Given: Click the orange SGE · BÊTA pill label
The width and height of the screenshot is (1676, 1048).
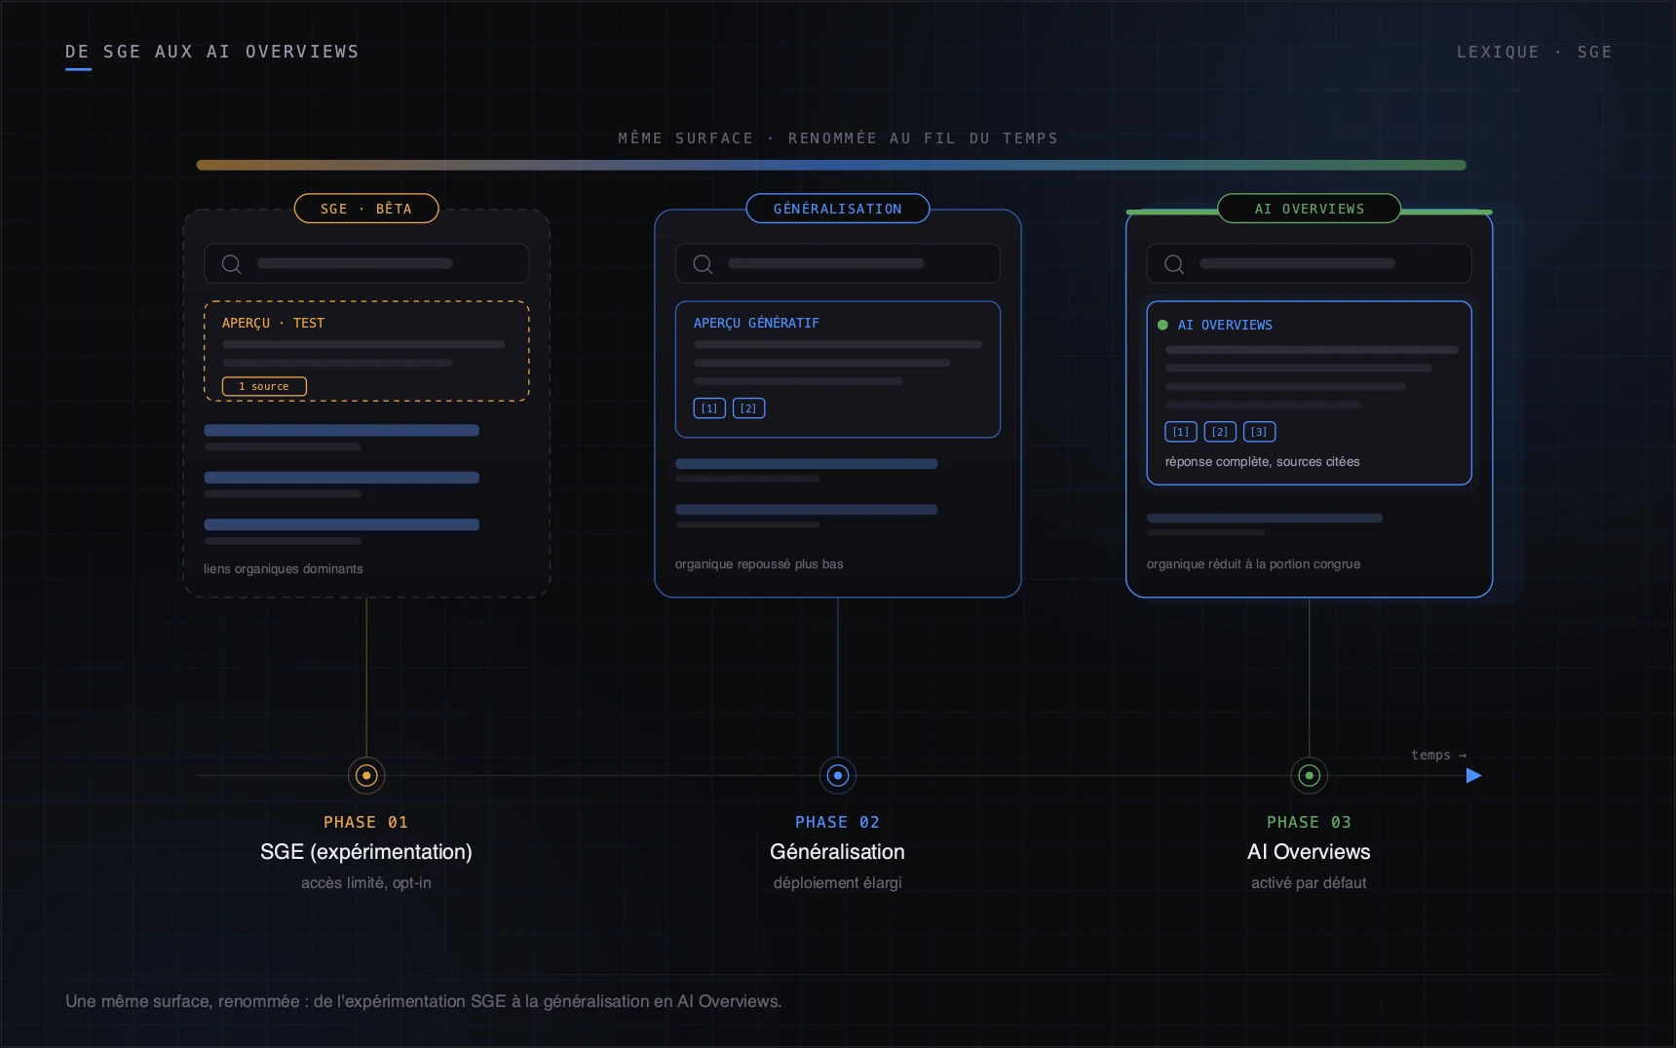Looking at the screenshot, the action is (366, 209).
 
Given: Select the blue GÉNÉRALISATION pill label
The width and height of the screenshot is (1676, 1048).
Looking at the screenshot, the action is (838, 209).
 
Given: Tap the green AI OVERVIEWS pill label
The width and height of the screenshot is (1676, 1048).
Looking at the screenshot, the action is (1309, 209).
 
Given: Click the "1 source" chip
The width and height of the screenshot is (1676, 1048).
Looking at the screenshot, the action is (264, 386).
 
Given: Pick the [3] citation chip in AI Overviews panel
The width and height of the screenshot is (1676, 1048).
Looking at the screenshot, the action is (1259, 432).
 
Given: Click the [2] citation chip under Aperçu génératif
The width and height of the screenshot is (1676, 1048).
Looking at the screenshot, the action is (748, 408).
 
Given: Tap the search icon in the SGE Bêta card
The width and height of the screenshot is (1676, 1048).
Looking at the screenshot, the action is (231, 264).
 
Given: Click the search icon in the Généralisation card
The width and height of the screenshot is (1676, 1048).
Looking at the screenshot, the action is (703, 264).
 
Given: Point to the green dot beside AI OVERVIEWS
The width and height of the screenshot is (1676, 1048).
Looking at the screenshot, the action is (1162, 325).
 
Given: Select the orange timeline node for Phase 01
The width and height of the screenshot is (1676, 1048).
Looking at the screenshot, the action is (366, 776).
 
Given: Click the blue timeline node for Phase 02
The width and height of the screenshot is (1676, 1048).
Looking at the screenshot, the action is (838, 776).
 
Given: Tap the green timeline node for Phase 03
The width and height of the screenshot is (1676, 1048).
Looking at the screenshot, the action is (1309, 776).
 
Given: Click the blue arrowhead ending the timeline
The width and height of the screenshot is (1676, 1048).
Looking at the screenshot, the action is (1474, 776).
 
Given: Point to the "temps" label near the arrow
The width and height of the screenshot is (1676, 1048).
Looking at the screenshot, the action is (1430, 756).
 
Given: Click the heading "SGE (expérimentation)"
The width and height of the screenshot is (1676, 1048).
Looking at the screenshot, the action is (366, 852).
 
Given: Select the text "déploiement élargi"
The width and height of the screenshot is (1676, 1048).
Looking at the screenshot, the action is (838, 882).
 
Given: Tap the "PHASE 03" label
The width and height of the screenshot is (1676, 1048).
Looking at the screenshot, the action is (1309, 823).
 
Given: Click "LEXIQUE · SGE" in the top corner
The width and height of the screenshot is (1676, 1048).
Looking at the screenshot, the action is (1535, 52).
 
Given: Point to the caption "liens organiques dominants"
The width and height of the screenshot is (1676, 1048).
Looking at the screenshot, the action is (284, 569).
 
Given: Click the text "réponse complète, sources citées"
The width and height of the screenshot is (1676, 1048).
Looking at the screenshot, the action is (1263, 462).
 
